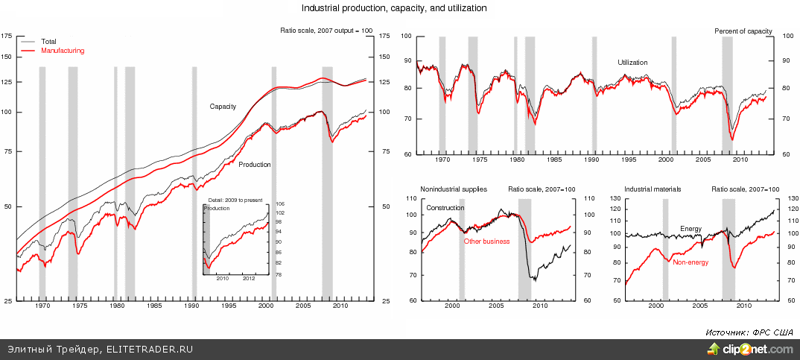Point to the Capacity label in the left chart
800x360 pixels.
(223, 107)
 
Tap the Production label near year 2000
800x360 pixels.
(254, 165)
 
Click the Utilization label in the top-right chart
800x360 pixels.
(632, 63)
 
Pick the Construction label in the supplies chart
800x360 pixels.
(445, 207)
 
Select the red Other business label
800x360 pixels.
(486, 241)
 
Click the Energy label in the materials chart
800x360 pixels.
(691, 228)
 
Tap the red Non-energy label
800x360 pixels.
(690, 262)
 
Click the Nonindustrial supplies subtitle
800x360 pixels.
(454, 190)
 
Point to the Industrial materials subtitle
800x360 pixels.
(653, 190)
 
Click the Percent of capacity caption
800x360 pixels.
(743, 31)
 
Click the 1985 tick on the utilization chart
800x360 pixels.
(554, 160)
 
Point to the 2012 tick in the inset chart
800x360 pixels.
(249, 280)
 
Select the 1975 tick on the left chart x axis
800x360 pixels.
(79, 306)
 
